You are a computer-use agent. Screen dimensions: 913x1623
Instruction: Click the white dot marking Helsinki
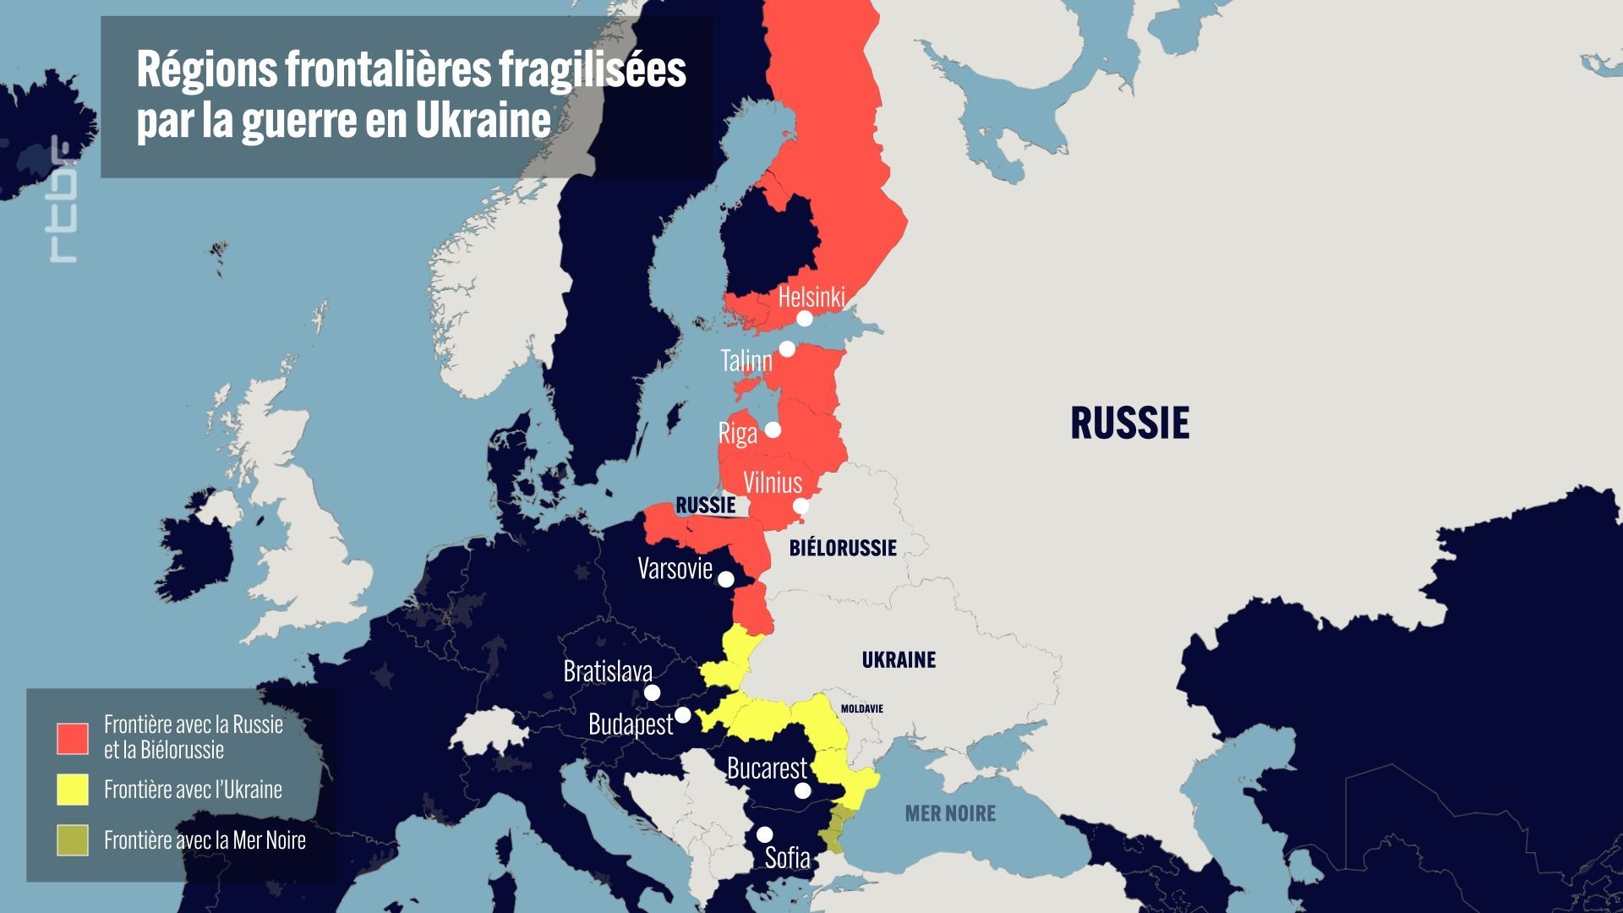[805, 319]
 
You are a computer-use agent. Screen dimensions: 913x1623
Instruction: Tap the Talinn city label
[746, 361]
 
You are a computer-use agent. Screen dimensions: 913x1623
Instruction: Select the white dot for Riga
[773, 429]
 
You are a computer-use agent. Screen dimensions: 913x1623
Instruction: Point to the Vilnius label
[772, 482]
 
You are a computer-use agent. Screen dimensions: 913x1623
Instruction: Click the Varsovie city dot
[725, 579]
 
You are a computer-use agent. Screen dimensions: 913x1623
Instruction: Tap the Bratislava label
[608, 671]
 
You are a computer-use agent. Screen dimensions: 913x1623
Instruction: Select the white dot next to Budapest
[683, 715]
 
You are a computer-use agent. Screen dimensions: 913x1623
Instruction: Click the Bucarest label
[767, 768]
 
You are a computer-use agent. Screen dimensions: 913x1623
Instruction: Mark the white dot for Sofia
[764, 834]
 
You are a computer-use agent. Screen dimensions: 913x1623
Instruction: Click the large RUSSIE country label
[1129, 423]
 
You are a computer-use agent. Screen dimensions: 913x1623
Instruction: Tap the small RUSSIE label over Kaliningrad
[705, 506]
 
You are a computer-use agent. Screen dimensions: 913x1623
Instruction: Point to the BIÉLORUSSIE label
[843, 548]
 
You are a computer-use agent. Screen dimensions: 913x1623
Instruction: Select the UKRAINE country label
[899, 659]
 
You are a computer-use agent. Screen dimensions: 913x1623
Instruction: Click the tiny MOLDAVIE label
[861, 708]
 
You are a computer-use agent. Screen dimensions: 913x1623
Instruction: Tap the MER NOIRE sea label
[950, 813]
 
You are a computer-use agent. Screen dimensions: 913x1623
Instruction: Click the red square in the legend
[73, 738]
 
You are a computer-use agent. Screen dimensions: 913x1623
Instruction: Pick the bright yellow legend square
[73, 790]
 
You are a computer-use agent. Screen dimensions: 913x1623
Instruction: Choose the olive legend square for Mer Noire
[73, 840]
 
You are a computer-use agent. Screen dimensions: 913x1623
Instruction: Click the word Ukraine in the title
[483, 121]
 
